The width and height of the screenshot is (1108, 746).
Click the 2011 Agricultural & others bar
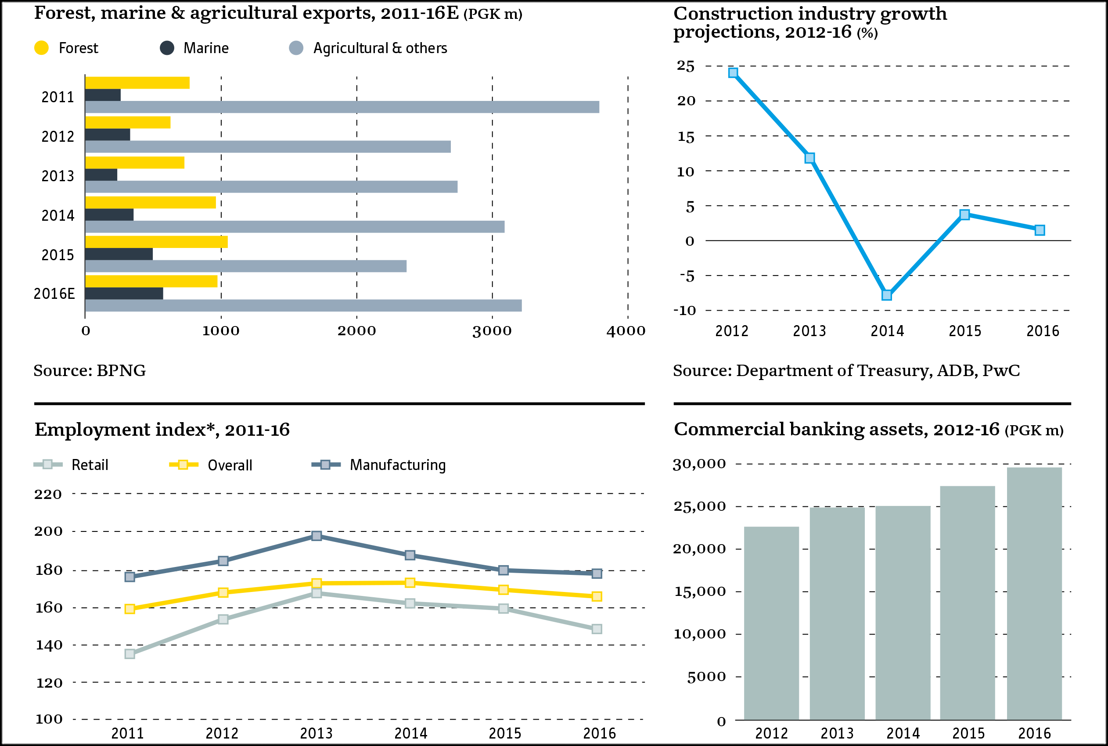coord(342,107)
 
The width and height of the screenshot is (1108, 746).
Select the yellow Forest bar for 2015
coord(156,242)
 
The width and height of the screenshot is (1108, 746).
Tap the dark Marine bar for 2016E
coord(124,294)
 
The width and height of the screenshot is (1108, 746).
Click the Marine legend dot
coord(166,48)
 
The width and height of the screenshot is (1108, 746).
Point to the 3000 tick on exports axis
coord(492,331)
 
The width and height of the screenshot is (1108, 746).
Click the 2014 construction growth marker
coord(887,295)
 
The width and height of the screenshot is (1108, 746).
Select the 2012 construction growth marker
coord(733,73)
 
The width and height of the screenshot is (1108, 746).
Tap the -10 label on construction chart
coord(684,311)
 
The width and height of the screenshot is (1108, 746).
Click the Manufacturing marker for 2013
coord(317,536)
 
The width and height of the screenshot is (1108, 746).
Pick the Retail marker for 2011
coord(130,654)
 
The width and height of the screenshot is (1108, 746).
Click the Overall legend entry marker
coord(183,465)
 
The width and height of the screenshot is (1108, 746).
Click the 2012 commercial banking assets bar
coord(771,623)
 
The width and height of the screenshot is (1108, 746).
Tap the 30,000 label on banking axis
coord(699,464)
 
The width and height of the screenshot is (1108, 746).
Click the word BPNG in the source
coord(121,371)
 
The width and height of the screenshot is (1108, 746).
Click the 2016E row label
coord(54,294)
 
